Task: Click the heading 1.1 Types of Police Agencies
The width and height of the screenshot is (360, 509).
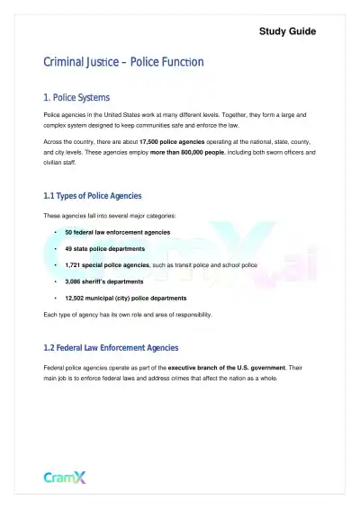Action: [x=93, y=195]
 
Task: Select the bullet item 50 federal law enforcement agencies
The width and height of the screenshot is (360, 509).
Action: [x=117, y=232]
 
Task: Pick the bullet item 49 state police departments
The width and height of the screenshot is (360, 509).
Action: [x=104, y=248]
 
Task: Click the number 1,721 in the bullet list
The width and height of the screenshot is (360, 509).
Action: [x=75, y=265]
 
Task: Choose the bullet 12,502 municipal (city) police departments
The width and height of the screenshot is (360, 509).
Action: [x=126, y=298]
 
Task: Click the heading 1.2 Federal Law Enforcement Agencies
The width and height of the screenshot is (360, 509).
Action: [x=111, y=347]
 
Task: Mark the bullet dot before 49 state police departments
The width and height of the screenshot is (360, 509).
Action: [x=56, y=248]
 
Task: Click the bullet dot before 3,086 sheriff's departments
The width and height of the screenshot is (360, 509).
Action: [x=56, y=281]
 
